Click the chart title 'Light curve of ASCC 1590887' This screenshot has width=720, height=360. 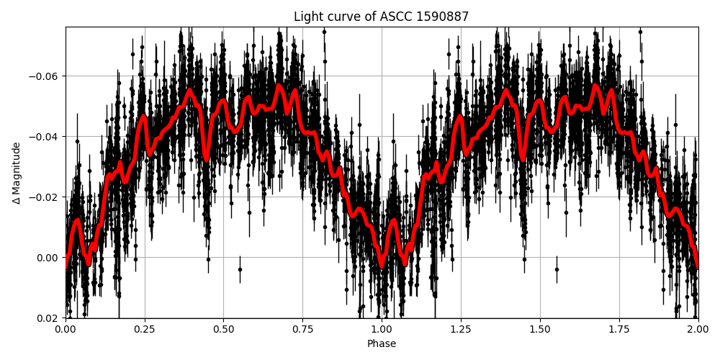381,17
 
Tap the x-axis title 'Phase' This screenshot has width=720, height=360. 381,344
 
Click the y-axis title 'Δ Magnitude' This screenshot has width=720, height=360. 17,173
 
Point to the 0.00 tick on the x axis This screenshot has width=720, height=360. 66,329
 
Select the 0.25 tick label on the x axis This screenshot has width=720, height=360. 145,329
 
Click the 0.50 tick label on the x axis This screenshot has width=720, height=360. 223,329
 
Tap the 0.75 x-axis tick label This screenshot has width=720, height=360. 302,329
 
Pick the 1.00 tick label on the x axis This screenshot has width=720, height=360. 382,329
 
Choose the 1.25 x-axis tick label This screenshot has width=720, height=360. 461,329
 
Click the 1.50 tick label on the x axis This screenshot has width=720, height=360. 540,329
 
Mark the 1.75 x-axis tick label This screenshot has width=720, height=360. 618,329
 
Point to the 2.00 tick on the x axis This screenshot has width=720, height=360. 698,329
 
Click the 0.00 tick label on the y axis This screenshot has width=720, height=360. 48,258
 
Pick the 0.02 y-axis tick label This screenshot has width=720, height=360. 48,318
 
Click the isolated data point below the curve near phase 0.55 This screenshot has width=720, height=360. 240,269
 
